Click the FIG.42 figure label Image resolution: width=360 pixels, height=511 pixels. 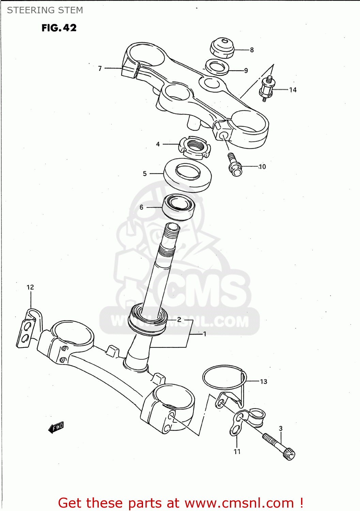tap(59, 28)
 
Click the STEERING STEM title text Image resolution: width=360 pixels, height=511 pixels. tap(45, 10)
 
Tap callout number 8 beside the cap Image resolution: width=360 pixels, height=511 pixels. tap(252, 50)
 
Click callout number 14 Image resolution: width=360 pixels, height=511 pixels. tap(293, 90)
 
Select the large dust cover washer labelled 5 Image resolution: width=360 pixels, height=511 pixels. tap(187, 175)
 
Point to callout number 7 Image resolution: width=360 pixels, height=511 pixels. tap(100, 68)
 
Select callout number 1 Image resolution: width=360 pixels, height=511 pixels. tap(205, 334)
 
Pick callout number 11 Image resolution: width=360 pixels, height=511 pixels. tap(237, 452)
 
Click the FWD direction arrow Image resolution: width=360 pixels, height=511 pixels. tap(56, 427)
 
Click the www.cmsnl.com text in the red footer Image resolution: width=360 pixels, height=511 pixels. tap(239, 503)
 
